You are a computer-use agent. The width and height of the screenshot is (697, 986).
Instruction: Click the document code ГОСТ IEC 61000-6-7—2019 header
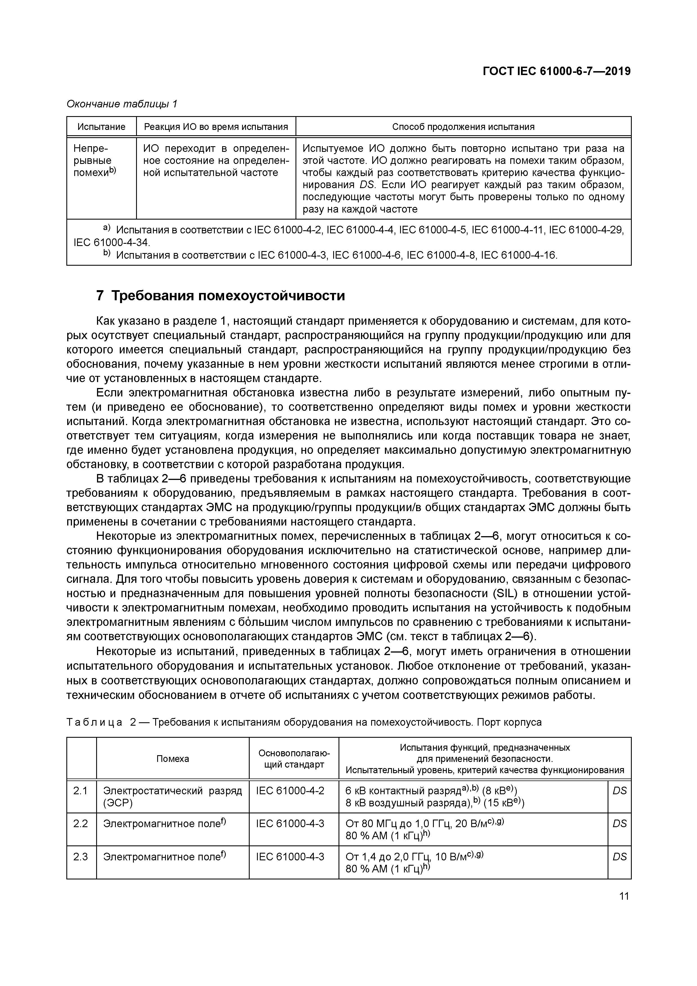click(557, 71)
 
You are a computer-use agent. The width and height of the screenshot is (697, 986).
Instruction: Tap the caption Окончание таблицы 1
click(122, 104)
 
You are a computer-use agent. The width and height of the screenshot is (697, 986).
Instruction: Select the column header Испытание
click(101, 127)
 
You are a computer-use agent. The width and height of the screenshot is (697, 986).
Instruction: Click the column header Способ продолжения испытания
click(463, 127)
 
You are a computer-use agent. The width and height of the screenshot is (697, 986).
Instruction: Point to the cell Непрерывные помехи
click(94, 161)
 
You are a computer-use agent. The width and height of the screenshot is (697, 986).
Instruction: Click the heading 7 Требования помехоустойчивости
click(221, 296)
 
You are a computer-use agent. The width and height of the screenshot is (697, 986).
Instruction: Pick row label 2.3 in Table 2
click(80, 857)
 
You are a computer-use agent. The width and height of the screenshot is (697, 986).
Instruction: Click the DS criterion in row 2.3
click(619, 857)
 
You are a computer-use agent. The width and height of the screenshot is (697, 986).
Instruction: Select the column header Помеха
click(173, 759)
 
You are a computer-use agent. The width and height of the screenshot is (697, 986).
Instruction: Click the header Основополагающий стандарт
click(294, 759)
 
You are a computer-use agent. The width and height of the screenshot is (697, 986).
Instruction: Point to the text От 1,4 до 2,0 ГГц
click(388, 857)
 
